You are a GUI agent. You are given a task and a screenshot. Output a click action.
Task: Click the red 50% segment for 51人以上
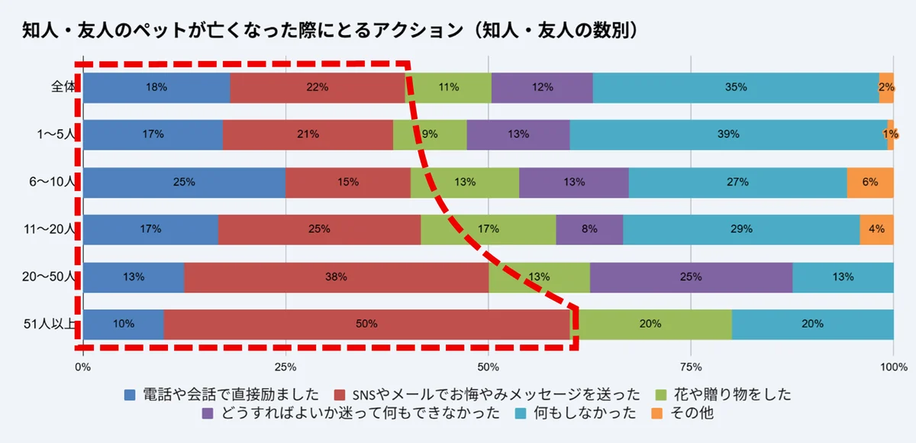coord(366,324)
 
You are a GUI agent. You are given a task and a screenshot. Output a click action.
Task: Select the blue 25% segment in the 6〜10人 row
coord(184,183)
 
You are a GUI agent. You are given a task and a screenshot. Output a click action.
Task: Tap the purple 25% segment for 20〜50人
coord(691,277)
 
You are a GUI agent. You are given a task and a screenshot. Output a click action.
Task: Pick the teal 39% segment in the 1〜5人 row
coord(728,135)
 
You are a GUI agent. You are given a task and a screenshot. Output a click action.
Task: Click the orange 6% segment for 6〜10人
coord(870,183)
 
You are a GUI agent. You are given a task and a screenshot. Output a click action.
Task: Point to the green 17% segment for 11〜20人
coord(489,229)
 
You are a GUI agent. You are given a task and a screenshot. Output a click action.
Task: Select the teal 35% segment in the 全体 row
coord(736,88)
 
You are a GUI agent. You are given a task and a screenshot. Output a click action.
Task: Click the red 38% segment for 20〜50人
coord(336,277)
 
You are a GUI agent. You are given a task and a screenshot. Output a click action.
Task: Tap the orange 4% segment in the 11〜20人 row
coord(876,229)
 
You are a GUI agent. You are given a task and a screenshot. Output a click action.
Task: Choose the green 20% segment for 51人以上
coord(650,324)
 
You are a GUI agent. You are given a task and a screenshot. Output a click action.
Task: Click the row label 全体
coord(63,87)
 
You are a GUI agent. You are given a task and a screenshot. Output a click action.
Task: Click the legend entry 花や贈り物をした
coord(731,395)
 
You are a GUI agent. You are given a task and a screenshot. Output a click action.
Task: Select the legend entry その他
coord(690,413)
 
